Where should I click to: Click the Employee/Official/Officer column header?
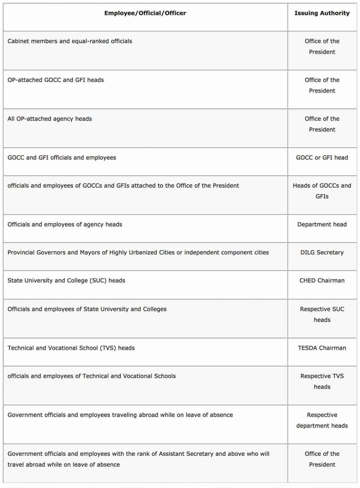pos(145,13)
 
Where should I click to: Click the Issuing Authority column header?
pos(322,13)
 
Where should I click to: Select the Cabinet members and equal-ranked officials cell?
pos(70,41)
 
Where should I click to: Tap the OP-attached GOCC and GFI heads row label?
pos(56,80)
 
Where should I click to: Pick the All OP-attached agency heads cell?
pos(50,119)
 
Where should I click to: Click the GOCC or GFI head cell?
pos(322,158)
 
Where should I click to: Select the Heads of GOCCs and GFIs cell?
pos(322,191)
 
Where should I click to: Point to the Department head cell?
pos(322,225)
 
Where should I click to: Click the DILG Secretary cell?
pos(322,253)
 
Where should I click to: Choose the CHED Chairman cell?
pos(322,281)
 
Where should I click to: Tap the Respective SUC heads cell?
pos(322,315)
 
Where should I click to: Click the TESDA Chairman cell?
pos(322,348)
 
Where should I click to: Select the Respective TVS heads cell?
pos(322,382)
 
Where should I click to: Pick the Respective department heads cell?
pos(322,420)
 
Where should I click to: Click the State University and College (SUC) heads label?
pos(66,281)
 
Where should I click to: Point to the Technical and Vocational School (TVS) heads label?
pos(71,348)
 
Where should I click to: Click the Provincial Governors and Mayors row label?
pos(138,253)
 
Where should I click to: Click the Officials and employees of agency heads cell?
pos(65,225)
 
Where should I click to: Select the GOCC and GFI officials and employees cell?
pos(62,158)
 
